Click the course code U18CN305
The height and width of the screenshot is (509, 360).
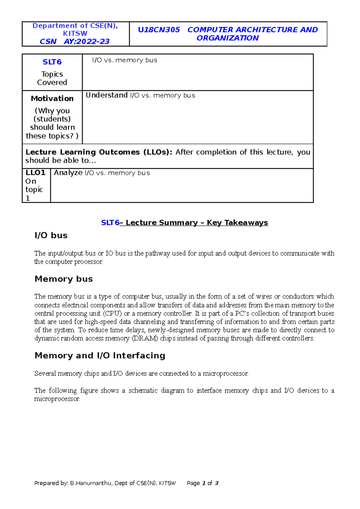tap(159, 30)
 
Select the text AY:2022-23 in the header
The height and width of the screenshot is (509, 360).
tap(87, 42)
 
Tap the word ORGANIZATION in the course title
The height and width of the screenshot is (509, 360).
tap(227, 38)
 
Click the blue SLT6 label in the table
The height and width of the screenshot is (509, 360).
tap(52, 62)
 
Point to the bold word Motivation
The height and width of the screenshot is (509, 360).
tap(52, 99)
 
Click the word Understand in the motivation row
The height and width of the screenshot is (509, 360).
tap(106, 95)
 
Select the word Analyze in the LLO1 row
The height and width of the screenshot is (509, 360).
tap(68, 173)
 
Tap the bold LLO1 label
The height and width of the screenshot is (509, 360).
tap(35, 173)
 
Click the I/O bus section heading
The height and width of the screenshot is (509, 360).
tap(51, 236)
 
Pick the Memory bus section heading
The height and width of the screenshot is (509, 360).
tap(64, 279)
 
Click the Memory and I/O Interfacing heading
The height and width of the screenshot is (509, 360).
tap(100, 356)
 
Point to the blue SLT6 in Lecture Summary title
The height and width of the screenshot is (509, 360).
tap(110, 223)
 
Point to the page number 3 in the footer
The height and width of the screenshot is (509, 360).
tap(217, 483)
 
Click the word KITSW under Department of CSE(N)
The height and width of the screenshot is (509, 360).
tap(75, 34)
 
